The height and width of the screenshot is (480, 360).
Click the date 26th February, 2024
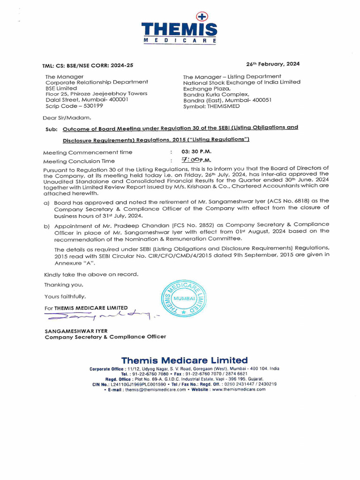coord(273,64)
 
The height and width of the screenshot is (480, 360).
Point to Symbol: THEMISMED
coord(211,106)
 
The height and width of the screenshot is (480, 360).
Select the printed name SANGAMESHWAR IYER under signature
coord(76,330)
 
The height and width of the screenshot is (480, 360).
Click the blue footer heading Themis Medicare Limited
coord(184,360)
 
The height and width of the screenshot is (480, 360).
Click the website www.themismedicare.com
coord(239,389)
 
